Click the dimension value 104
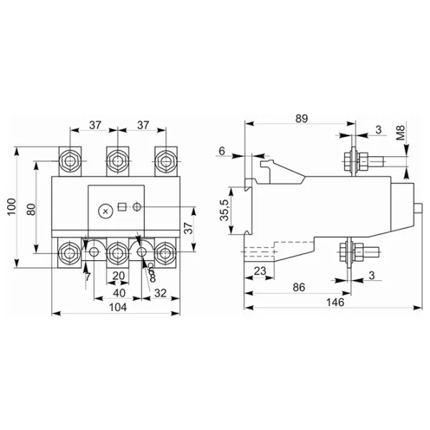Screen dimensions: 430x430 [x=118, y=307]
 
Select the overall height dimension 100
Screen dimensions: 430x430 [x=11, y=206]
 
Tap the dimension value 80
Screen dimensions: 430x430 [x=32, y=209]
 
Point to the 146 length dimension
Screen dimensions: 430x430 [x=335, y=302]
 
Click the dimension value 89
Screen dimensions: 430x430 [x=302, y=118]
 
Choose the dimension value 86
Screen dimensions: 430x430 [x=299, y=287]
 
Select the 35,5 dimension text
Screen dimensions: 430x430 [x=224, y=210]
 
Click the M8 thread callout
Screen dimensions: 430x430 [x=401, y=133]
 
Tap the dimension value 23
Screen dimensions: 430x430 [x=260, y=271]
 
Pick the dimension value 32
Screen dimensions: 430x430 [x=161, y=293]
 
